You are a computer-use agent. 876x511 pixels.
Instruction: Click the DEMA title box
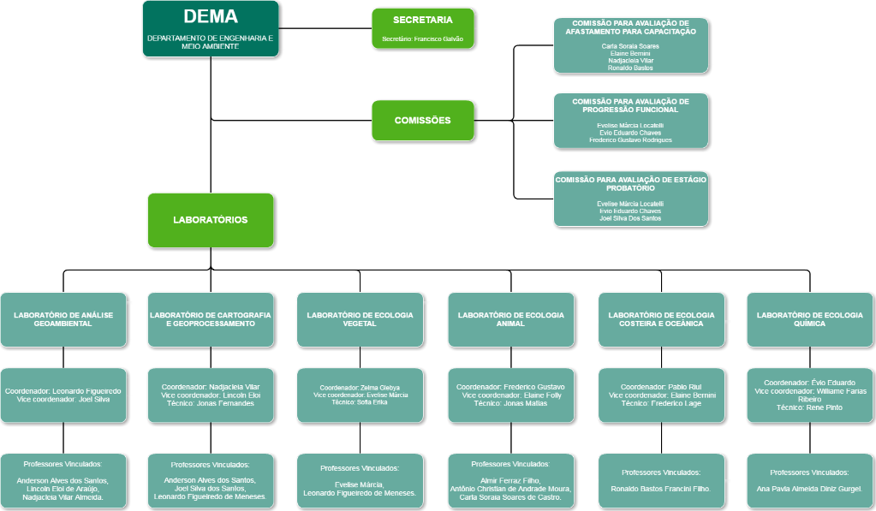[211, 29]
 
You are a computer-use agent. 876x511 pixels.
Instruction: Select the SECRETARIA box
[423, 28]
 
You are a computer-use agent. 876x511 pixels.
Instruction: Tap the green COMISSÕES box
[423, 121]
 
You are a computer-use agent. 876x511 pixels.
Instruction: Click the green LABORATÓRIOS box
[211, 220]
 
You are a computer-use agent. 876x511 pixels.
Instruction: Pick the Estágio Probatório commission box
[631, 199]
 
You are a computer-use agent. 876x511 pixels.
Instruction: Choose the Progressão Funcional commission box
[631, 121]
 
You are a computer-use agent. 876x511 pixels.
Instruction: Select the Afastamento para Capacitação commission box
[631, 45]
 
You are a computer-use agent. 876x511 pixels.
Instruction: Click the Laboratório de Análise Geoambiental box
[63, 319]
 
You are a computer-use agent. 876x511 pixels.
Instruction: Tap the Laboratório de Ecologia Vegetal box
[360, 319]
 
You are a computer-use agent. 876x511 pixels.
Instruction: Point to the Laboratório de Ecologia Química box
[809, 319]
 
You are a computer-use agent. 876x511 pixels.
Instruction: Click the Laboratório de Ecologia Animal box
[510, 319]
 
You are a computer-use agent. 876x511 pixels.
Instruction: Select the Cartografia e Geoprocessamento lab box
[211, 319]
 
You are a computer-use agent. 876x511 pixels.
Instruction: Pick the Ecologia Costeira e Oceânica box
[661, 319]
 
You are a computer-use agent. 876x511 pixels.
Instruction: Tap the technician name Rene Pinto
[825, 407]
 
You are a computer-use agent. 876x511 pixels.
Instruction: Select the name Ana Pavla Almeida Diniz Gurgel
[809, 489]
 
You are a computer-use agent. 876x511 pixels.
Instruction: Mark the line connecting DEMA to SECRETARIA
[325, 28]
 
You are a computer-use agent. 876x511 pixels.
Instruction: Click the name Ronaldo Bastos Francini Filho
[661, 489]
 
